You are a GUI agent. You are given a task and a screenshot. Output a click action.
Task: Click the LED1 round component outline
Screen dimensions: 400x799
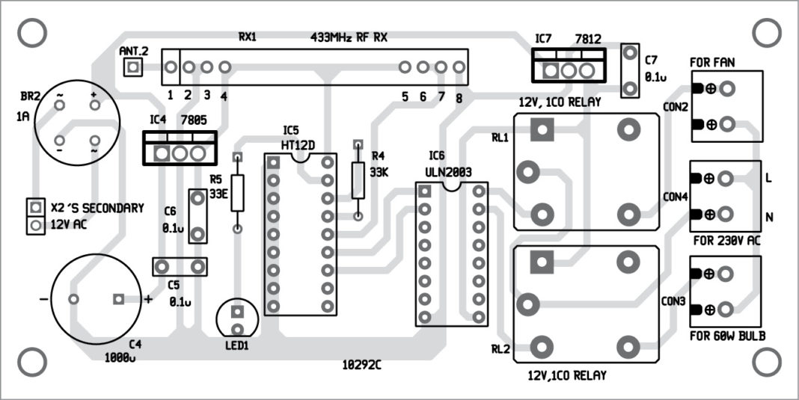coord(238,320)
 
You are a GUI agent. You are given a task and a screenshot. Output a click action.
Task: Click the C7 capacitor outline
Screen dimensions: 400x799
coord(631,70)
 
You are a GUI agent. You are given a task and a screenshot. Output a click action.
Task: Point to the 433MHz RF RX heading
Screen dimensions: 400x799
coord(349,36)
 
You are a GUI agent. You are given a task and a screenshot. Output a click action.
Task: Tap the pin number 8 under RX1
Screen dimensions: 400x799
coord(458,97)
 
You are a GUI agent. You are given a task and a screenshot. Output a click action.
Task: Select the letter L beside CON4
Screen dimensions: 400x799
coord(768,179)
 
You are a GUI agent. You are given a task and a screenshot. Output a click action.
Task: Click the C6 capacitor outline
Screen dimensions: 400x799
coord(198,216)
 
